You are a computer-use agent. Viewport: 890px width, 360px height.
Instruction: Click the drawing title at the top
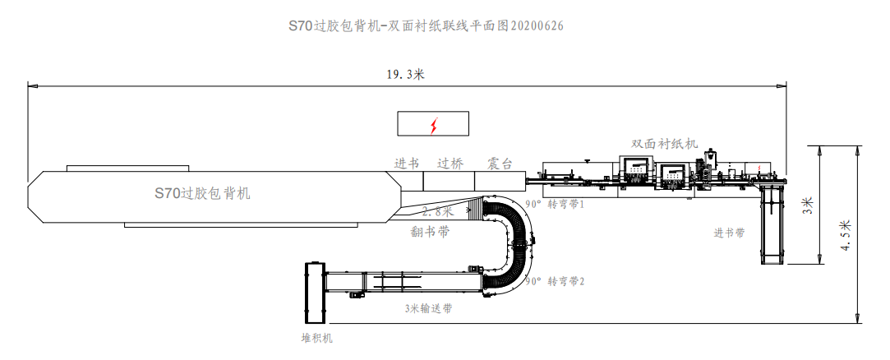tap(426, 25)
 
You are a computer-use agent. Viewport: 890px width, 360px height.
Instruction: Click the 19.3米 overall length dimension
tap(405, 74)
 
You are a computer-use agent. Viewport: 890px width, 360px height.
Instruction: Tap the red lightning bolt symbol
tap(434, 125)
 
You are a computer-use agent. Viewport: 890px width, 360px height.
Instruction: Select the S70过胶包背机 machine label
tap(202, 194)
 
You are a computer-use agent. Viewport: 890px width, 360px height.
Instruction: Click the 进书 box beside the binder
tap(407, 163)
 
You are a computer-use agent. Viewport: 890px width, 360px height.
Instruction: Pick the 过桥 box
tap(450, 163)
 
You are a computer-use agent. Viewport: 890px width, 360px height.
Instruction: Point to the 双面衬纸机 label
tap(664, 143)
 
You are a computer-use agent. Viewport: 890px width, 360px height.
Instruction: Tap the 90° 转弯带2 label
tap(555, 281)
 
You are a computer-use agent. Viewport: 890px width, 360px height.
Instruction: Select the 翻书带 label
tap(430, 232)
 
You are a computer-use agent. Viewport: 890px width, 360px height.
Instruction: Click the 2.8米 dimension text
tap(436, 211)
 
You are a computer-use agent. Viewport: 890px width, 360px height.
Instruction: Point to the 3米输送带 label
tap(427, 309)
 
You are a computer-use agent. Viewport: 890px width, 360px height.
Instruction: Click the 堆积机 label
tap(316, 337)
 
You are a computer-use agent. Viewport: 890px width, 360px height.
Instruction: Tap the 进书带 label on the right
tap(729, 233)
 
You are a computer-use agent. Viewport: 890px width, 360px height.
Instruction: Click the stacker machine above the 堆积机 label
tap(316, 293)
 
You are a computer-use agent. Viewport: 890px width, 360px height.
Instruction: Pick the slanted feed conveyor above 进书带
tap(772, 222)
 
